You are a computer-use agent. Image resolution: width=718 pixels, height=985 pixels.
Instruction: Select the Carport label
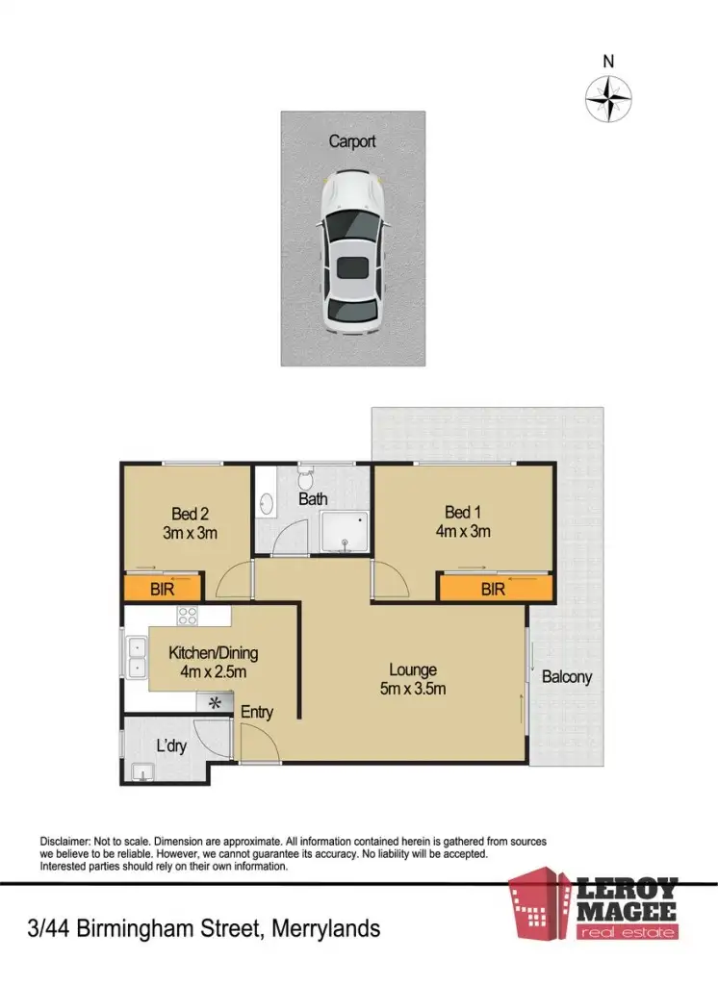click(x=352, y=141)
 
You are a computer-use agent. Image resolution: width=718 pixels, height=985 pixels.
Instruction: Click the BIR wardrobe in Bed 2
click(x=162, y=588)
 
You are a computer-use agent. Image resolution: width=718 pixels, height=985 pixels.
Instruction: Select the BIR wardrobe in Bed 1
click(x=494, y=588)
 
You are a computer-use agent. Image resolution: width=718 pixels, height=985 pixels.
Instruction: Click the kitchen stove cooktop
click(x=187, y=617)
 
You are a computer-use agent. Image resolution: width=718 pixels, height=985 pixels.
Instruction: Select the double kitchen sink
click(x=135, y=656)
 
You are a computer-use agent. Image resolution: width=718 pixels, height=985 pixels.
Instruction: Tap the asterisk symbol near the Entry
click(x=215, y=703)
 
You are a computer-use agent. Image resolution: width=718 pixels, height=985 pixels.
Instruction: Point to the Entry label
click(x=257, y=713)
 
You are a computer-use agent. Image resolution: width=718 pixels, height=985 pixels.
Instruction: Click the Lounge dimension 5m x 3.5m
click(x=413, y=688)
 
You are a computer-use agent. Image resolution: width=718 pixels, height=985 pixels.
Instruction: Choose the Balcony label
click(x=566, y=677)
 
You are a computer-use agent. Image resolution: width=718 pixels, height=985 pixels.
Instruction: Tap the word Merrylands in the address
click(x=326, y=929)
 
